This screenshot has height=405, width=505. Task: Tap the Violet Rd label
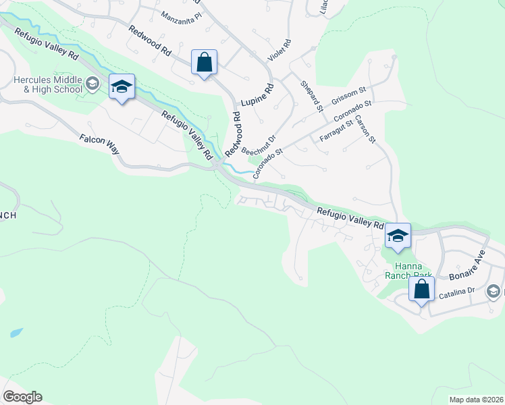[278, 51]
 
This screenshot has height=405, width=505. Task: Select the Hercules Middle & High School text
[48, 84]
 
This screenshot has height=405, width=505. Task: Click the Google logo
[22, 397]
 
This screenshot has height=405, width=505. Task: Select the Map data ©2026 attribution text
[476, 399]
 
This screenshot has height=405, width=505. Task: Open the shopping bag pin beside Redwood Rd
[203, 63]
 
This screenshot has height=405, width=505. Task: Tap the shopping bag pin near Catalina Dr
[421, 290]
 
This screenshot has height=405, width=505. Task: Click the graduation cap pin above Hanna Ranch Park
[398, 237]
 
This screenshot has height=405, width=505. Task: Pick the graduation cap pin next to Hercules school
[122, 88]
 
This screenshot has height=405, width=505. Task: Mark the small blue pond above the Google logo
[16, 333]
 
